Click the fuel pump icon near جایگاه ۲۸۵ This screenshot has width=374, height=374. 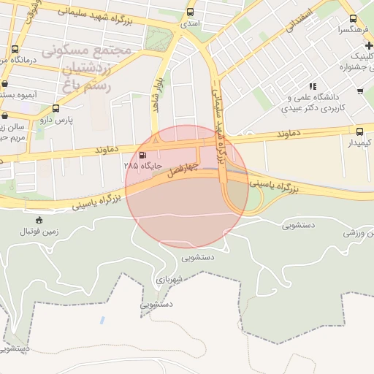tap(142, 155)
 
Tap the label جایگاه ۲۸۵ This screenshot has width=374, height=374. tap(142, 166)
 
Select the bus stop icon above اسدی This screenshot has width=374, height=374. tap(191, 12)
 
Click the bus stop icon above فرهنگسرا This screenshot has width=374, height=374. tap(353, 18)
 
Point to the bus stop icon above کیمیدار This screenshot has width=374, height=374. tap(359, 131)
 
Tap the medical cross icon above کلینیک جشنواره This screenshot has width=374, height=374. tap(369, 46)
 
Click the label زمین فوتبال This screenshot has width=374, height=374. tap(39, 231)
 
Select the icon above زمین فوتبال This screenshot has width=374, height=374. tap(39, 220)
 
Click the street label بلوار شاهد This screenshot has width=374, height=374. tap(157, 95)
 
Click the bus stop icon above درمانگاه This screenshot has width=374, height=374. tap(15, 49)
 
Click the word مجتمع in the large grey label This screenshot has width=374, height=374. tap(111, 50)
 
